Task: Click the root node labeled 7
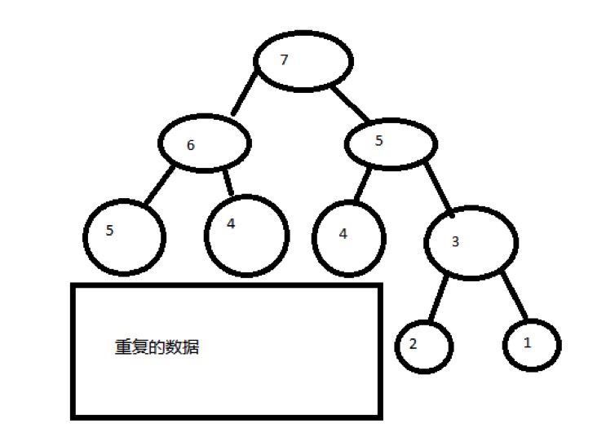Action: coord(303,63)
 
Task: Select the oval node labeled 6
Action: coord(204,144)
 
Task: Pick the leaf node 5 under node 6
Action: coord(124,235)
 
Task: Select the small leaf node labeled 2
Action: coord(423,345)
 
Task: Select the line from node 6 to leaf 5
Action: coord(159,187)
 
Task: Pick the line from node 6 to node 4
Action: coord(228,182)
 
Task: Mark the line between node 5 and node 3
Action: coord(439,187)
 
